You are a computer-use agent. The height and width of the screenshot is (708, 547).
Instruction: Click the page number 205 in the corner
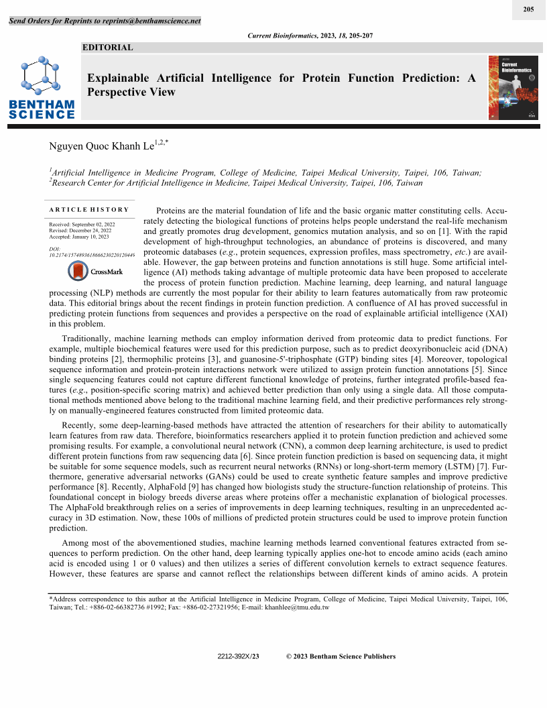tap(528, 9)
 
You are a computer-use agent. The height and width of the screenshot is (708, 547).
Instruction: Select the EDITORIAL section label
tap(107, 48)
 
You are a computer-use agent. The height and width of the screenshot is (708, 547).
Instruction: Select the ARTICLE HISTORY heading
tap(89, 210)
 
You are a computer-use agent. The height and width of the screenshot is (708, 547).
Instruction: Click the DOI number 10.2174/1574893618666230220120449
tap(92, 255)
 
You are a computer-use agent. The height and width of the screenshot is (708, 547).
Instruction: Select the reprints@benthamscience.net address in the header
tap(151, 21)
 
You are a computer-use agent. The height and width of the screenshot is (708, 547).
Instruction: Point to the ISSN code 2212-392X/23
tap(238, 656)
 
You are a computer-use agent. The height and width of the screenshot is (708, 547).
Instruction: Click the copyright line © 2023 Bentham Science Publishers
tap(341, 656)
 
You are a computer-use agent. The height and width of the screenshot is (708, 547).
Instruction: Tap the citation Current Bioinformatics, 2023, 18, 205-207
tap(310, 34)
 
